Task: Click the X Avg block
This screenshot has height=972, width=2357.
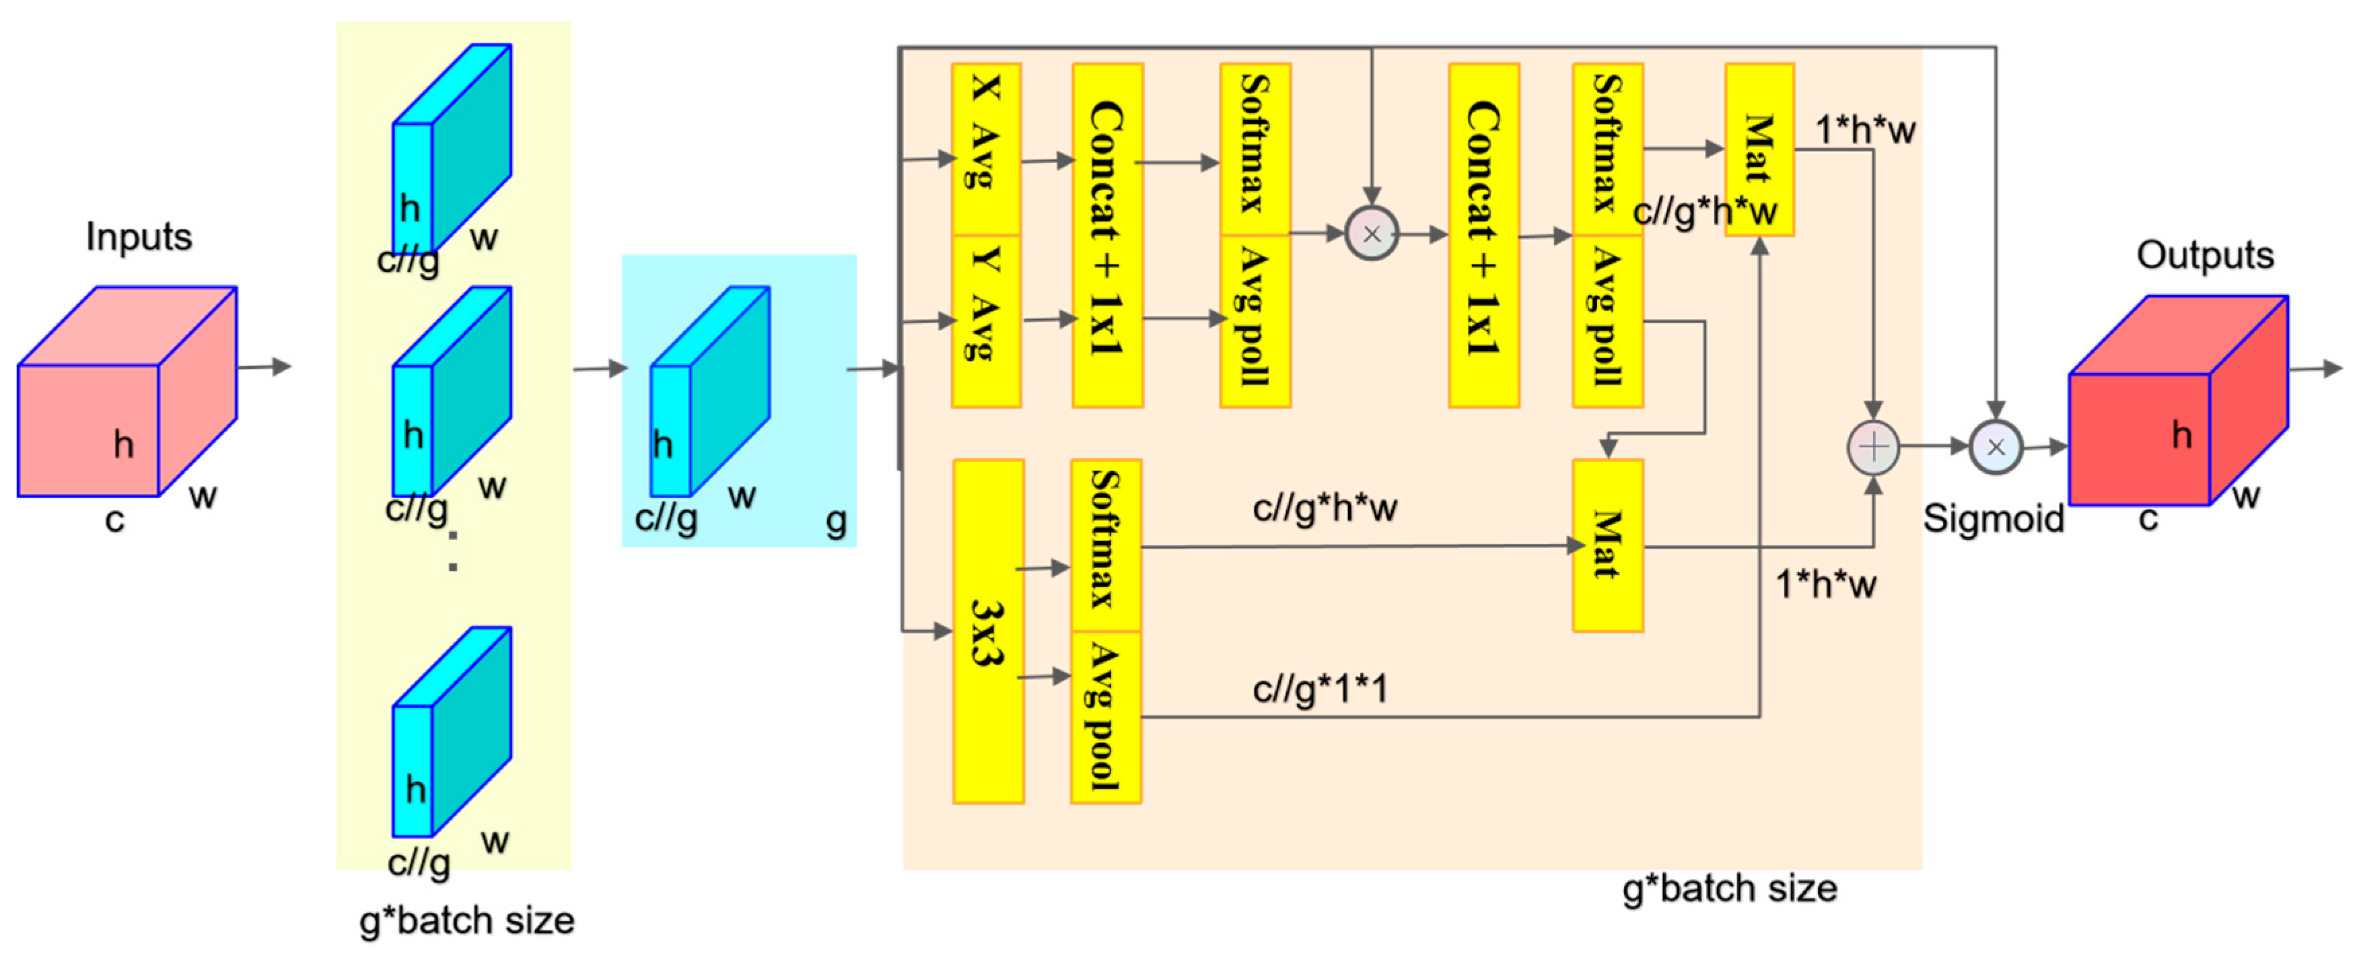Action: pyautogui.click(x=985, y=148)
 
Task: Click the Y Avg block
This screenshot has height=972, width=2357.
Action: pyautogui.click(x=985, y=320)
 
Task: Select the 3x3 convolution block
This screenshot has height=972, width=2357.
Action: pyautogui.click(x=987, y=631)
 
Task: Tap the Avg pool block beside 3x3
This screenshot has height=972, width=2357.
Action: pyautogui.click(x=1105, y=717)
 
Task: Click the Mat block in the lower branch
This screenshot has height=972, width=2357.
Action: pyautogui.click(x=1607, y=545)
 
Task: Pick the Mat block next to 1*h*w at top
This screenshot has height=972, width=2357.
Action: pyautogui.click(x=1758, y=148)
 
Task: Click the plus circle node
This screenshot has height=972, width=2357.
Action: pyautogui.click(x=1873, y=448)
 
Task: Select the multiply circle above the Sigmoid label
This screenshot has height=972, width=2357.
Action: pyautogui.click(x=1995, y=448)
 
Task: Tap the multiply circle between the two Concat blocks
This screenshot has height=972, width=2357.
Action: pyautogui.click(x=1370, y=234)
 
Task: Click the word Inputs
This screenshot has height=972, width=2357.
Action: pyautogui.click(x=139, y=237)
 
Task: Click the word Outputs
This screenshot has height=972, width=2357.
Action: pyautogui.click(x=2204, y=255)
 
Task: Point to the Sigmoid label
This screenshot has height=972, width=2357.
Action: pyautogui.click(x=1993, y=519)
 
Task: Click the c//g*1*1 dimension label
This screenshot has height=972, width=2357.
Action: pyautogui.click(x=1319, y=688)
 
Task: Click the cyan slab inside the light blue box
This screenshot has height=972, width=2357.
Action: pyautogui.click(x=709, y=394)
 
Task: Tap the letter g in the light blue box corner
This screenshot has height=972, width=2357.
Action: pyautogui.click(x=835, y=521)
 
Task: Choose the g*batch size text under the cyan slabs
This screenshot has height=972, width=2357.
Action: pyautogui.click(x=466, y=919)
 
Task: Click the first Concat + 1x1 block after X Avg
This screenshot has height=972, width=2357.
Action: pyautogui.click(x=1106, y=235)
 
